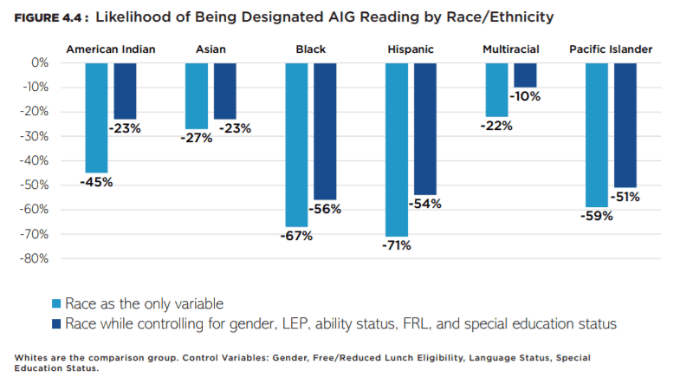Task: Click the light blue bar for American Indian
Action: click(x=96, y=117)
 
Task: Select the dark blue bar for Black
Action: click(x=325, y=131)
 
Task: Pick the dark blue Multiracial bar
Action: click(x=525, y=75)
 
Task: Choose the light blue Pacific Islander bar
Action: click(x=597, y=134)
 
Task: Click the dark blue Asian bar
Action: click(x=225, y=90)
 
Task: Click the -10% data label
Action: click(x=525, y=96)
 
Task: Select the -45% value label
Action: click(x=96, y=182)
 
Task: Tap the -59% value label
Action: click(x=596, y=216)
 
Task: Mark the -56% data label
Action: click(x=325, y=209)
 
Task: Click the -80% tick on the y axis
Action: click(x=34, y=258)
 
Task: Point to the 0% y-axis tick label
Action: click(x=39, y=62)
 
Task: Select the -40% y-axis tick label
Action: click(x=34, y=160)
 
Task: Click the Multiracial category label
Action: click(x=511, y=49)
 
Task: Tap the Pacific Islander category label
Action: click(x=611, y=49)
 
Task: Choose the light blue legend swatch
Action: click(x=58, y=303)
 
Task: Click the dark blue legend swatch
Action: click(x=58, y=324)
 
